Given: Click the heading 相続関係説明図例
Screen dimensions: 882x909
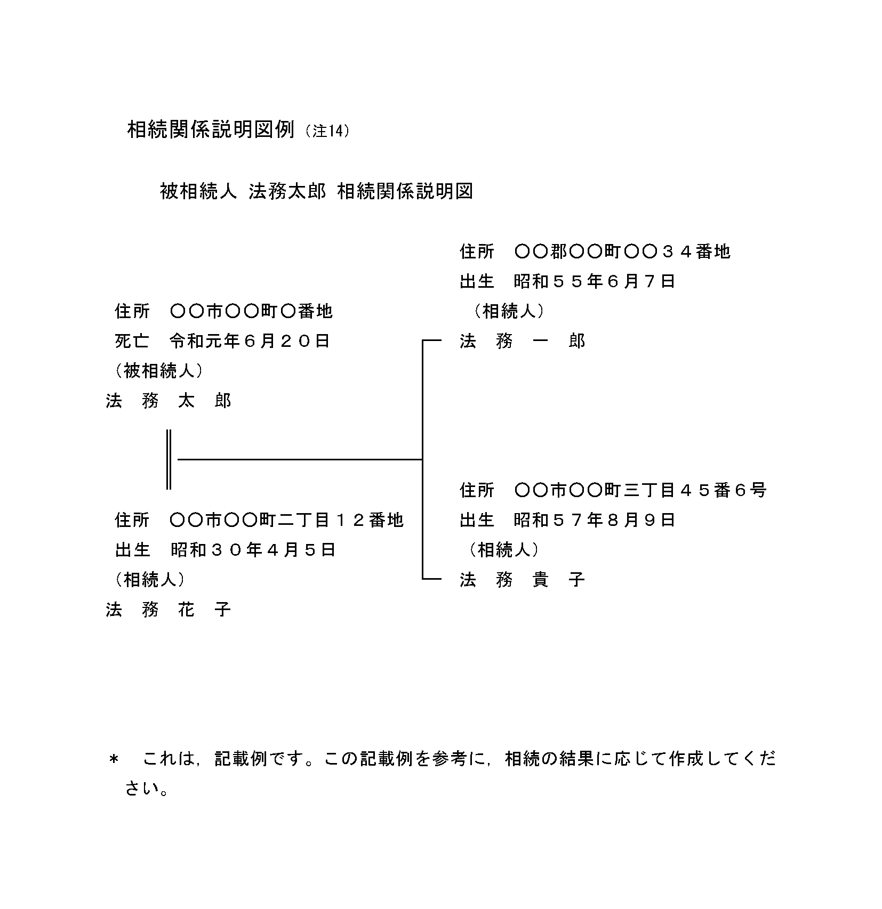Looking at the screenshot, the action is pos(211,129).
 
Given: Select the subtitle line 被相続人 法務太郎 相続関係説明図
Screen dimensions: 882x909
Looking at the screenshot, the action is pos(317,191).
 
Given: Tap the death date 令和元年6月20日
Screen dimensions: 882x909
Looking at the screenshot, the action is pos(250,340).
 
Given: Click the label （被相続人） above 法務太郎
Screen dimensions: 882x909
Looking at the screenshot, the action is pos(158,370).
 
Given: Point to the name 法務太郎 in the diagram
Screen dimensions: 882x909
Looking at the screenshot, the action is pos(169,400).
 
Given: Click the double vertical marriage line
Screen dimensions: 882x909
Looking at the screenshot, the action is pos(169,459).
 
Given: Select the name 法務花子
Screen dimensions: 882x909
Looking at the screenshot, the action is pos(169,609).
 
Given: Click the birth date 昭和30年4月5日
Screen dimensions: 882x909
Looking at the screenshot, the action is pos(253,549).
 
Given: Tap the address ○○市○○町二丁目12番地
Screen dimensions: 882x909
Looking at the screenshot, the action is pos(286,520).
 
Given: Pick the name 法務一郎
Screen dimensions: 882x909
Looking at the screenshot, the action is pos(523,340).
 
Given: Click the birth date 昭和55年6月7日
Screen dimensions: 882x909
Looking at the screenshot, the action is pos(595,281).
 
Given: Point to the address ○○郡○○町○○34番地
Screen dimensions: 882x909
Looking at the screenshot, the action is pos(622,251).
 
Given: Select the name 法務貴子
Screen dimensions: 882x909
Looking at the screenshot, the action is pos(523,579).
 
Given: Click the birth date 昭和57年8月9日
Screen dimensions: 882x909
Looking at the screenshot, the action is pos(595,520).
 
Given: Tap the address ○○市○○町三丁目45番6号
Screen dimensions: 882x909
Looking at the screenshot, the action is pos(640,490).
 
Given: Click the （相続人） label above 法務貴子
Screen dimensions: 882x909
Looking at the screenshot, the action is pos(503,549).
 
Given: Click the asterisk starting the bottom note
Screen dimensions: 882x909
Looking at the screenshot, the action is pos(113,759).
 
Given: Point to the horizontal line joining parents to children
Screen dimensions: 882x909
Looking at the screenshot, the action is pos(300,459).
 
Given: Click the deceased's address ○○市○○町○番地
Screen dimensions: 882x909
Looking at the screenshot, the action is pos(251,311).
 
